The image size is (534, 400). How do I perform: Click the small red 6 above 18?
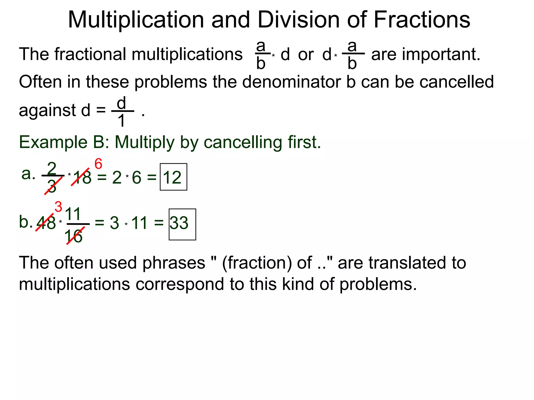coord(98,164)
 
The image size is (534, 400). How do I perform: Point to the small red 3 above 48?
coord(58,207)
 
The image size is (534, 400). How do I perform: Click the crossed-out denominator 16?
coord(74,236)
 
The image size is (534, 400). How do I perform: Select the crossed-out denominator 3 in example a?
coord(52,186)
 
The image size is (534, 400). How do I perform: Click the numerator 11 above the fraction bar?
coord(73,214)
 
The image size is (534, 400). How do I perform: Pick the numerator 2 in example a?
coord(52,168)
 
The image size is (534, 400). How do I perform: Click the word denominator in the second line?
coord(292,82)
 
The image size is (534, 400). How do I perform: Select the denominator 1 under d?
coord(122,121)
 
